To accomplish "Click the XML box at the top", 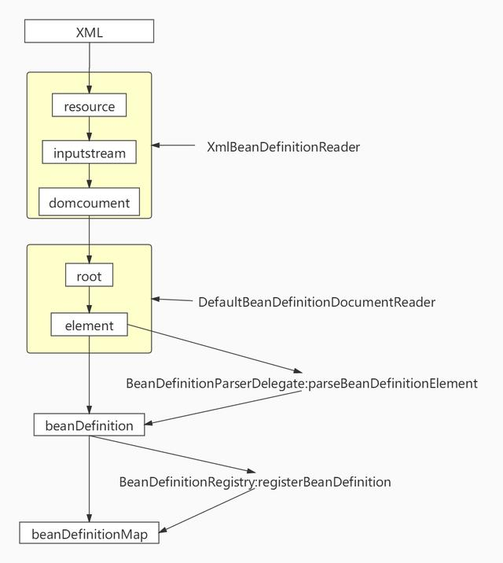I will tap(89, 32).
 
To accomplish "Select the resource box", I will tap(89, 106).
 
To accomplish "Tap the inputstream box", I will tap(89, 153).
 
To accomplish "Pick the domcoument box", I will tap(89, 203).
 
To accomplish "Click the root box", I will tap(89, 276).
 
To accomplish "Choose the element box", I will tap(89, 325).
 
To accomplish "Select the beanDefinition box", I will tap(89, 425).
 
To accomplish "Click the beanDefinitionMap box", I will tap(89, 534).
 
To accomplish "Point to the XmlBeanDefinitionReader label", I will tap(283, 146).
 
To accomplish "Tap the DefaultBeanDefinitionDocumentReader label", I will tap(316, 302).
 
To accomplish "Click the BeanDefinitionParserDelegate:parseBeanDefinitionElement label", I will tap(301, 384).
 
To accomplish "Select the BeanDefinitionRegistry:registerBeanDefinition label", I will tap(255, 482).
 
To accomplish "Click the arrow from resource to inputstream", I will tap(89, 129).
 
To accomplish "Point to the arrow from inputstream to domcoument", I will tap(89, 176).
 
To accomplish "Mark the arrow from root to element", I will tap(89, 300).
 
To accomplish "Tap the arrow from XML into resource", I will tap(89, 68).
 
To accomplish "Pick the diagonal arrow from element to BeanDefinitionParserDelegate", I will tap(216, 348).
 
